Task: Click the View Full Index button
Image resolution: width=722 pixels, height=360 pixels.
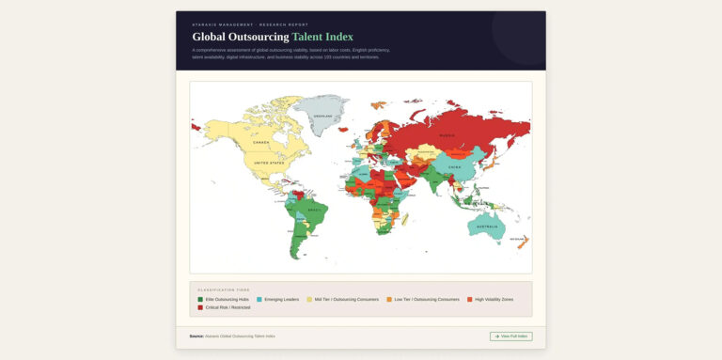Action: point(510,336)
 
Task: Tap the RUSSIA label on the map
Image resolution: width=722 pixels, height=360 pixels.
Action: point(447,135)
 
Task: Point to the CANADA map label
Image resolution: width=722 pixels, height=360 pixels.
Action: point(260,143)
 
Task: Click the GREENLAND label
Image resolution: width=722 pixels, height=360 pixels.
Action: point(322,116)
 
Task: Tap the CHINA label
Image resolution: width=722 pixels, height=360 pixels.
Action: point(455,166)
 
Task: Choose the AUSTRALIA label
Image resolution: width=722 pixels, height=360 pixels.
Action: point(487,227)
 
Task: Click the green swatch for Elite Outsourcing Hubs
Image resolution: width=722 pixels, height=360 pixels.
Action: point(200,299)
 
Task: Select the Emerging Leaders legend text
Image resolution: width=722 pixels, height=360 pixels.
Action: point(281,299)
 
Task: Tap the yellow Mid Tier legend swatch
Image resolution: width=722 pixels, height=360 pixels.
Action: point(309,299)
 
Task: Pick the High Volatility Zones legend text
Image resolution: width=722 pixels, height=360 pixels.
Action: point(494,299)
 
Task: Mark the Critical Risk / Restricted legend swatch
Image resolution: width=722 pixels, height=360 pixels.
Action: point(200,307)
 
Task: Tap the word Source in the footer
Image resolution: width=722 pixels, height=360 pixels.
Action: point(196,336)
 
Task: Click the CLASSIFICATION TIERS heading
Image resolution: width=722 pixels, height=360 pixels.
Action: point(224,290)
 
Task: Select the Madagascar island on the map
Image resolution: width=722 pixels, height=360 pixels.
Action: point(406,223)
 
